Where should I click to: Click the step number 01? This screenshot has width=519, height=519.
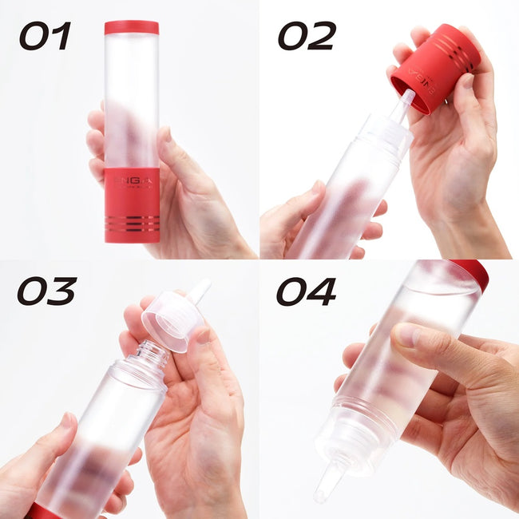click(x=46, y=36)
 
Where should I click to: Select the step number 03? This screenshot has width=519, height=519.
click(x=46, y=292)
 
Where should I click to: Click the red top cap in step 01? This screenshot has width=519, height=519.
click(x=131, y=27)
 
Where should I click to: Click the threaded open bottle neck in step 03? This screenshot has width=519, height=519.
click(x=152, y=356)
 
